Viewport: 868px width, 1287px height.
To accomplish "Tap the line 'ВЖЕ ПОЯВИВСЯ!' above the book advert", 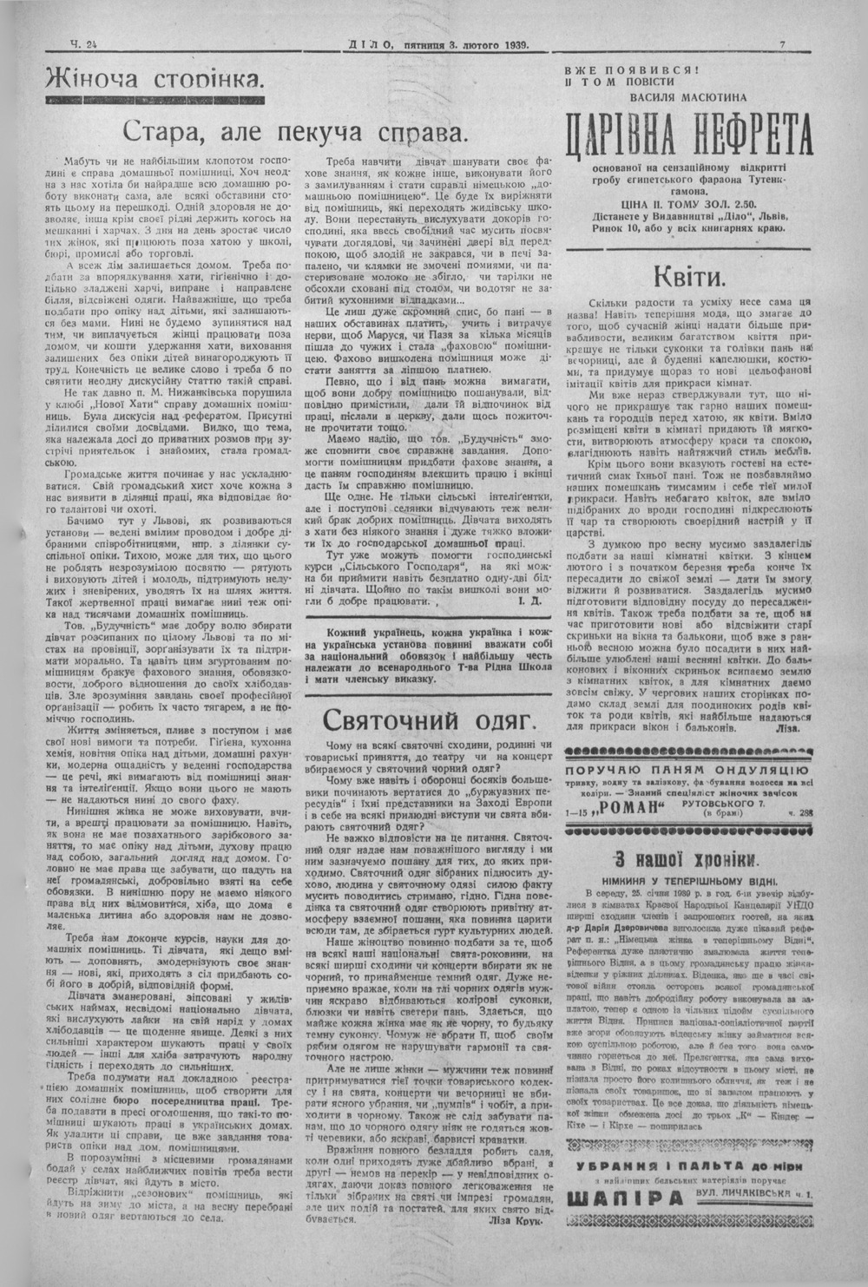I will [x=627, y=69].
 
